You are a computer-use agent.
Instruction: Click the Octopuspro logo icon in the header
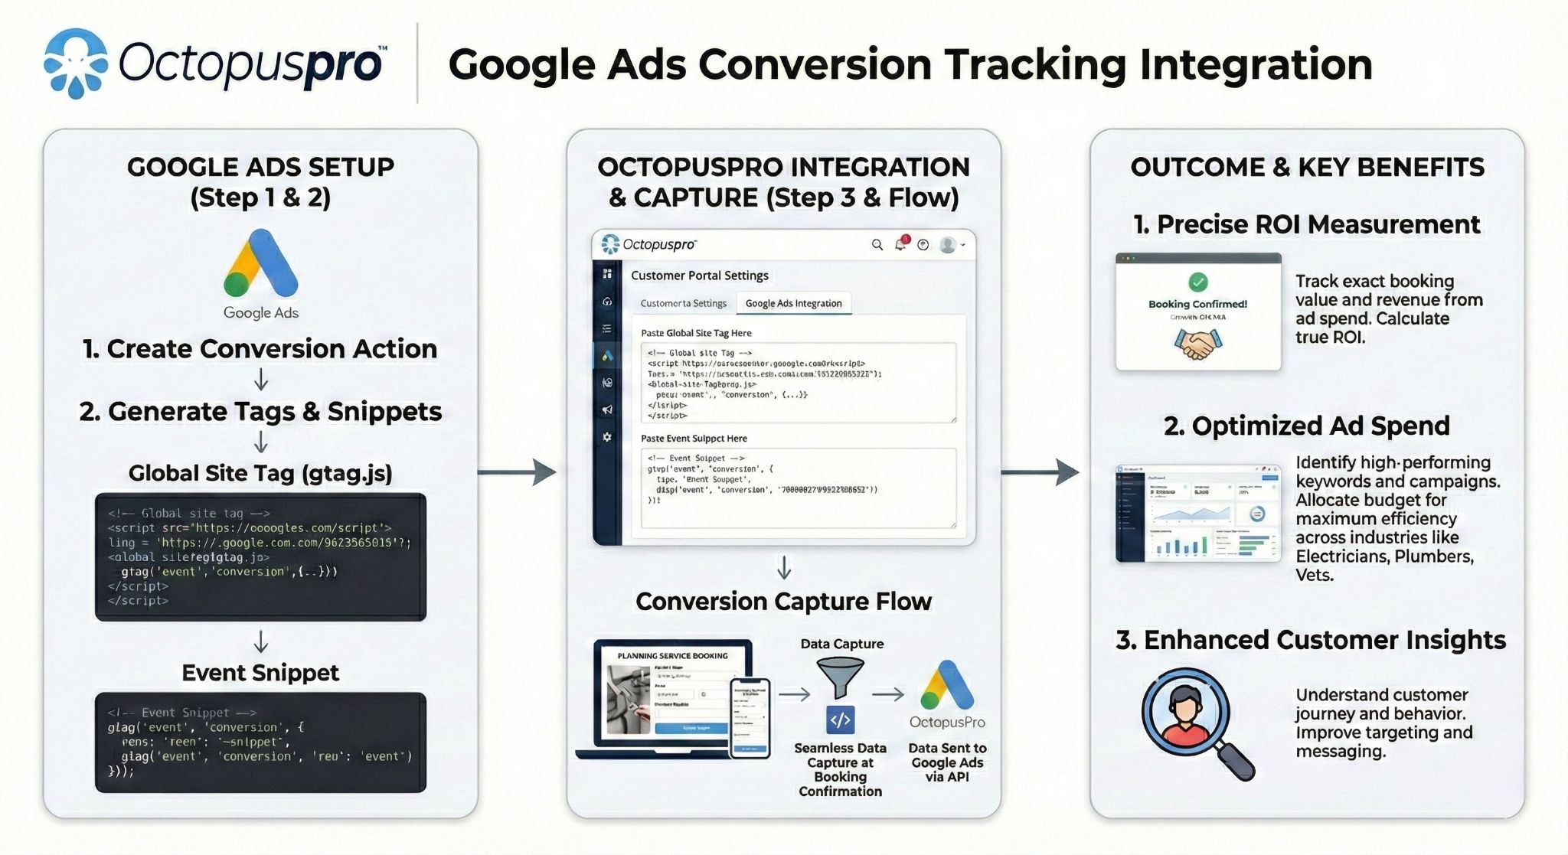pos(76,63)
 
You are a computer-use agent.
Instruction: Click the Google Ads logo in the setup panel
pos(260,264)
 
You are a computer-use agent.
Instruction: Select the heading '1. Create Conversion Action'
pos(260,349)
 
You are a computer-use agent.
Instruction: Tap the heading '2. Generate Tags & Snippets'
pos(260,412)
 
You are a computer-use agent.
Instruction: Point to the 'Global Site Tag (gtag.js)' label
pos(260,473)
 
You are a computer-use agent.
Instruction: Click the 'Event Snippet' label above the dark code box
pos(260,673)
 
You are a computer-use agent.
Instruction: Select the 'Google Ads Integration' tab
pos(793,303)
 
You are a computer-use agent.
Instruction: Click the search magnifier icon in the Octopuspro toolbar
pos(877,245)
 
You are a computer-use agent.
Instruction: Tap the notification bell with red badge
pos(901,244)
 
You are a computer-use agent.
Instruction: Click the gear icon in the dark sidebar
pos(607,437)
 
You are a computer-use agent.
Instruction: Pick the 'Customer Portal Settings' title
pos(700,276)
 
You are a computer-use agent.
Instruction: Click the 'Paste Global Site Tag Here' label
pos(696,333)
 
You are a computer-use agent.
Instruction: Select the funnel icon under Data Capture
pos(841,677)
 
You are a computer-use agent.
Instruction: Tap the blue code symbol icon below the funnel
pos(841,720)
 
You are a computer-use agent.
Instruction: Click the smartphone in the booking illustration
pos(750,718)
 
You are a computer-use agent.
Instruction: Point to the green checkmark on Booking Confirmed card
pos(1198,282)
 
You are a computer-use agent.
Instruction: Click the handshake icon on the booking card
pos(1198,345)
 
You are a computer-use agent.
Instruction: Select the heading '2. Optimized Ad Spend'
pos(1307,426)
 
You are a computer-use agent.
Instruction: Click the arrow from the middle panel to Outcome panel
pos(1041,472)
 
